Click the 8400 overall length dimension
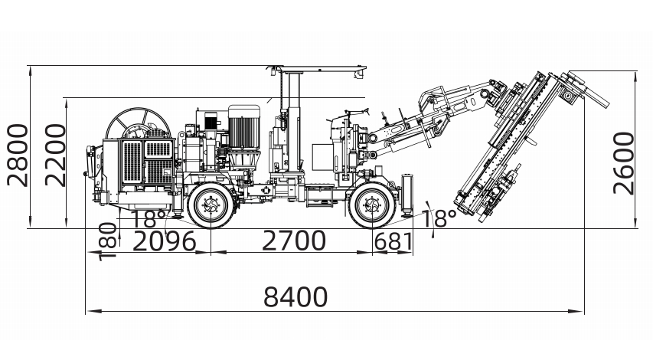(x=295, y=296)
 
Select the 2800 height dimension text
(x=18, y=155)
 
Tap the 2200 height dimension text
(x=55, y=155)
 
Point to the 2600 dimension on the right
(x=623, y=163)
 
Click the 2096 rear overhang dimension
(x=164, y=241)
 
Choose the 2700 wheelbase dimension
(x=294, y=241)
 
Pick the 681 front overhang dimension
(x=393, y=242)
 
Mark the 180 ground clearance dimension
(x=108, y=242)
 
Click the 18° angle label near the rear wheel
(x=149, y=219)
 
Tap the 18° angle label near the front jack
(x=439, y=219)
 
